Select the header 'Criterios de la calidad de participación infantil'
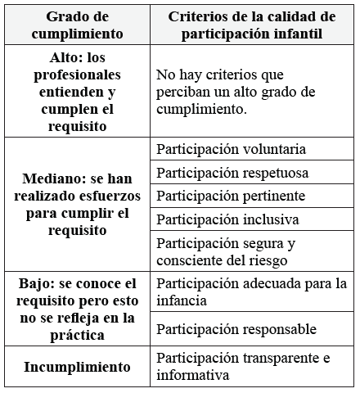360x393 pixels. (x=252, y=25)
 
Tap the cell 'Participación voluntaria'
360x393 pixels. (x=231, y=149)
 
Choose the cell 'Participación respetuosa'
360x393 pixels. (x=232, y=173)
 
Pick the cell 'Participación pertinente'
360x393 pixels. (x=230, y=196)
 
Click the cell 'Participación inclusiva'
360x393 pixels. (x=227, y=220)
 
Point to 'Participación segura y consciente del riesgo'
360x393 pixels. (x=227, y=252)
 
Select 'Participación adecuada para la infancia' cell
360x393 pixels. (x=250, y=292)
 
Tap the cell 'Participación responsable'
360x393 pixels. (x=236, y=329)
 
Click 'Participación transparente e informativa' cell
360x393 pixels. (x=245, y=367)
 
